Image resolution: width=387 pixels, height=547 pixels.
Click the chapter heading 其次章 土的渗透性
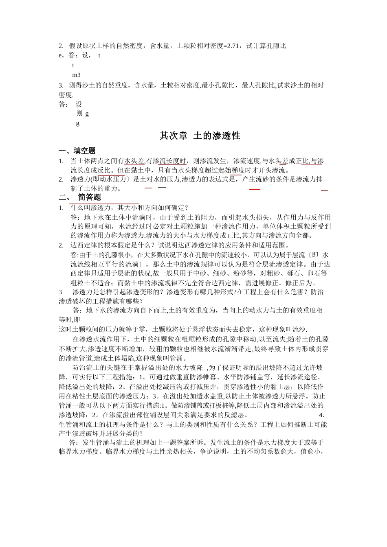click(200, 136)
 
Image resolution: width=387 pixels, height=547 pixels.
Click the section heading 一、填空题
click(77, 151)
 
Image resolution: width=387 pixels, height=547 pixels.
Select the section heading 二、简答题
click(80, 197)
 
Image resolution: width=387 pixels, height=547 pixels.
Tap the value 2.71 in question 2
click(232, 46)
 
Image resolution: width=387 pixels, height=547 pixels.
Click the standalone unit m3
click(76, 75)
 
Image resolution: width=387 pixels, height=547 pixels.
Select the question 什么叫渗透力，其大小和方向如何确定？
click(130, 208)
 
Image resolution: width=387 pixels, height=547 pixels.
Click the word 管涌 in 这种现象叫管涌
click(179, 358)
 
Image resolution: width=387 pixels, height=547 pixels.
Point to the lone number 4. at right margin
click(321, 415)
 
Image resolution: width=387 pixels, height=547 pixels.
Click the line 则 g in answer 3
click(82, 114)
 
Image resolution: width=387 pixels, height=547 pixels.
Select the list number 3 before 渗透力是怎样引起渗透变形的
click(61, 292)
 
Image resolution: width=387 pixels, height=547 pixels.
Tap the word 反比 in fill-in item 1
click(104, 170)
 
